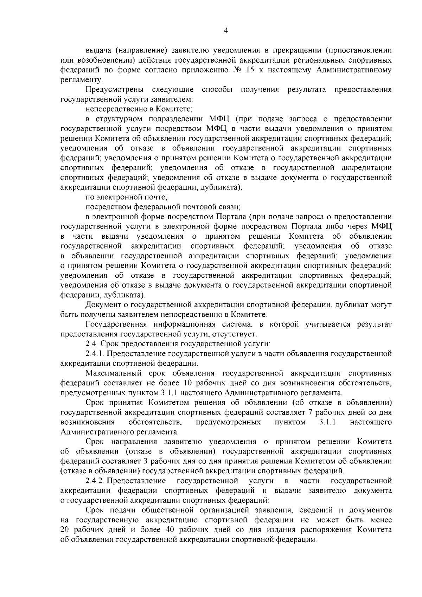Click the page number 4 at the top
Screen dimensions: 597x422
(226, 31)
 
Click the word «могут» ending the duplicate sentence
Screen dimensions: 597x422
(380, 304)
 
